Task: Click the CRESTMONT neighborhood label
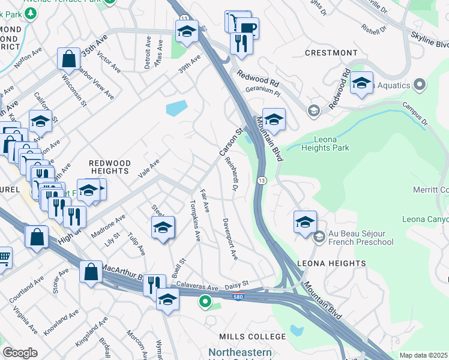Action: pyautogui.click(x=331, y=53)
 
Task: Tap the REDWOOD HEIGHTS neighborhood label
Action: pyautogui.click(x=110, y=167)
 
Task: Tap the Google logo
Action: pyautogui.click(x=20, y=353)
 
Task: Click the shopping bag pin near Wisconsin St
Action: pyautogui.click(x=69, y=59)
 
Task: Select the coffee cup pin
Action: pyautogui.click(x=247, y=28)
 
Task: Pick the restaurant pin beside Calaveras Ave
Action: pyautogui.click(x=154, y=284)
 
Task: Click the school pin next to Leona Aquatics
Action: pyautogui.click(x=361, y=83)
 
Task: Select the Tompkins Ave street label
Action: pyautogui.click(x=196, y=220)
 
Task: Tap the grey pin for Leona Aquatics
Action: pyautogui.click(x=420, y=85)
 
